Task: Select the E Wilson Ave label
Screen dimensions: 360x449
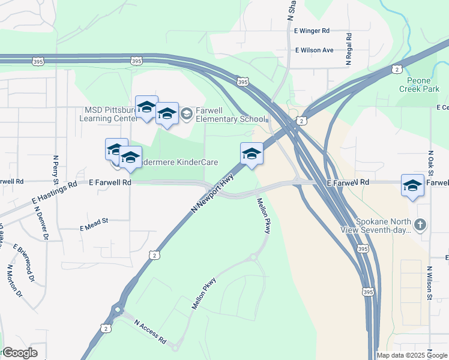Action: click(x=314, y=50)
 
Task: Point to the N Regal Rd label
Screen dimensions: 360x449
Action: click(x=348, y=48)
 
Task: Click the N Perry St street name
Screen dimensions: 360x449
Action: click(x=55, y=170)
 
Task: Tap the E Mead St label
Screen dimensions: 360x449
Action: click(x=94, y=221)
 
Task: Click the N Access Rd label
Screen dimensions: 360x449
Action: click(x=150, y=331)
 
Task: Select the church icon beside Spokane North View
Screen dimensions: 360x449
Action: click(x=421, y=225)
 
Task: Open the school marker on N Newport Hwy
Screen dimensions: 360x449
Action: click(x=252, y=154)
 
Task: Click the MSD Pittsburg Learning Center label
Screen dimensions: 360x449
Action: click(x=108, y=114)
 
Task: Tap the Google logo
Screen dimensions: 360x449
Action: click(x=19, y=353)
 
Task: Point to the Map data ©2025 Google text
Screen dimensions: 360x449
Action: click(x=411, y=355)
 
